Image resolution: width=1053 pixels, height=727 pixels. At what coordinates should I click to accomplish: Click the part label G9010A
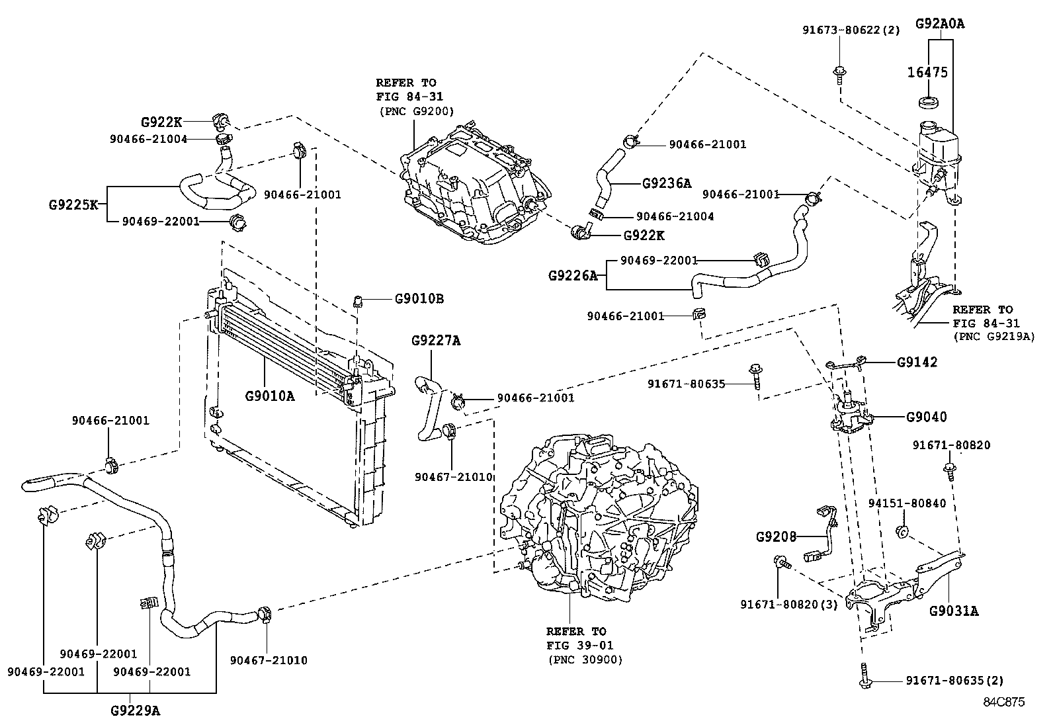(269, 396)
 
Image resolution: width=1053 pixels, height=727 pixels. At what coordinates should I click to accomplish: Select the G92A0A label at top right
(939, 24)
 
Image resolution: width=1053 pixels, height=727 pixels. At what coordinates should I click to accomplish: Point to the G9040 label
(926, 417)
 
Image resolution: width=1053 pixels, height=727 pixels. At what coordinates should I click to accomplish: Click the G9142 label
(917, 363)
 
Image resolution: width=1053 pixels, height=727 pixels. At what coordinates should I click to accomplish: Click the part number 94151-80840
(907, 503)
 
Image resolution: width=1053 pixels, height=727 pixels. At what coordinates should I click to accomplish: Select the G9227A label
(435, 341)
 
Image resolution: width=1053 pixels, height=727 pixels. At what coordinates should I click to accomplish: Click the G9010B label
(419, 298)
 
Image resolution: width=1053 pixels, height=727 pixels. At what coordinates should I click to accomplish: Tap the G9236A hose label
(666, 183)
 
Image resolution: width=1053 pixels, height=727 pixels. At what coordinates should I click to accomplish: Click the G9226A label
(572, 275)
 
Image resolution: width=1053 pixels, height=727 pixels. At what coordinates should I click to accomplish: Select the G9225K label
(73, 204)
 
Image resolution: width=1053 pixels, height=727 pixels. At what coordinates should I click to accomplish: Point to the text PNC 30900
(585, 660)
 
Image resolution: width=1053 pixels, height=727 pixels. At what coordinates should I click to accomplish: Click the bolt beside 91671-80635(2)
(865, 680)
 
